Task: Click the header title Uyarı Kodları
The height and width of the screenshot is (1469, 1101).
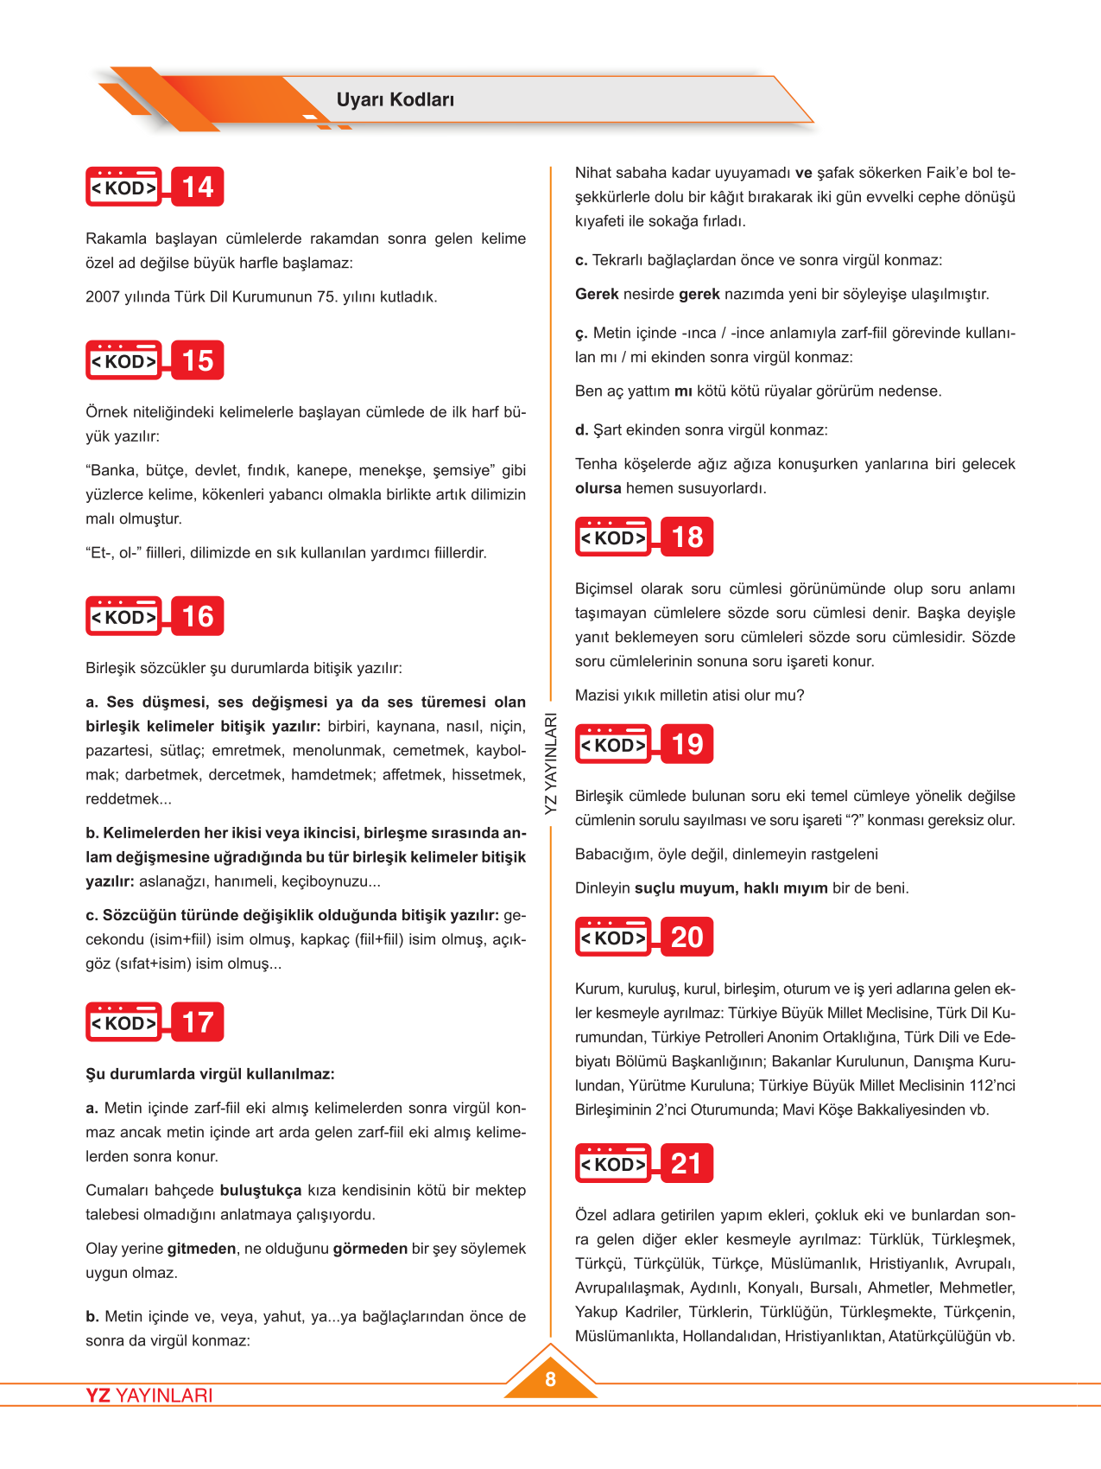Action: tap(395, 99)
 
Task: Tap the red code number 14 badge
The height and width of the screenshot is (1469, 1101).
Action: tap(198, 187)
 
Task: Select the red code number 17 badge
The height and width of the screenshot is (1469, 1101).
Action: tap(198, 1022)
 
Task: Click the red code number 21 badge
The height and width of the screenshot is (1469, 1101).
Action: tap(687, 1163)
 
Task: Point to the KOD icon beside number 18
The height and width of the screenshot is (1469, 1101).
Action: tap(613, 537)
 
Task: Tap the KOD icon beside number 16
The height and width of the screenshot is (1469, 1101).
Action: tap(124, 617)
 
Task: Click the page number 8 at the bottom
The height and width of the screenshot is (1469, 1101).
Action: tap(550, 1379)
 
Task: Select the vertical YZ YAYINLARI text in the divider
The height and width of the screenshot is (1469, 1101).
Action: tap(551, 763)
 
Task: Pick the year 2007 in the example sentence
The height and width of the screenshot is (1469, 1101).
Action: tap(102, 296)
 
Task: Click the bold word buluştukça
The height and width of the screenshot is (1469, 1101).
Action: tap(261, 1190)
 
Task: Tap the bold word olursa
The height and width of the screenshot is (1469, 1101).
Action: tap(598, 488)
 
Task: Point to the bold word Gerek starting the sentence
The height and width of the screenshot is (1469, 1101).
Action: tap(597, 294)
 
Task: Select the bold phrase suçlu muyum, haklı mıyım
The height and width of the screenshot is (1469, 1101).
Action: tap(731, 887)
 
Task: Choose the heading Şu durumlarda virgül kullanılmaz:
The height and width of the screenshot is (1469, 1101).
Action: tap(210, 1074)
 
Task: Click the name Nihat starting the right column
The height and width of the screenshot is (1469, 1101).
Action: tap(593, 173)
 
